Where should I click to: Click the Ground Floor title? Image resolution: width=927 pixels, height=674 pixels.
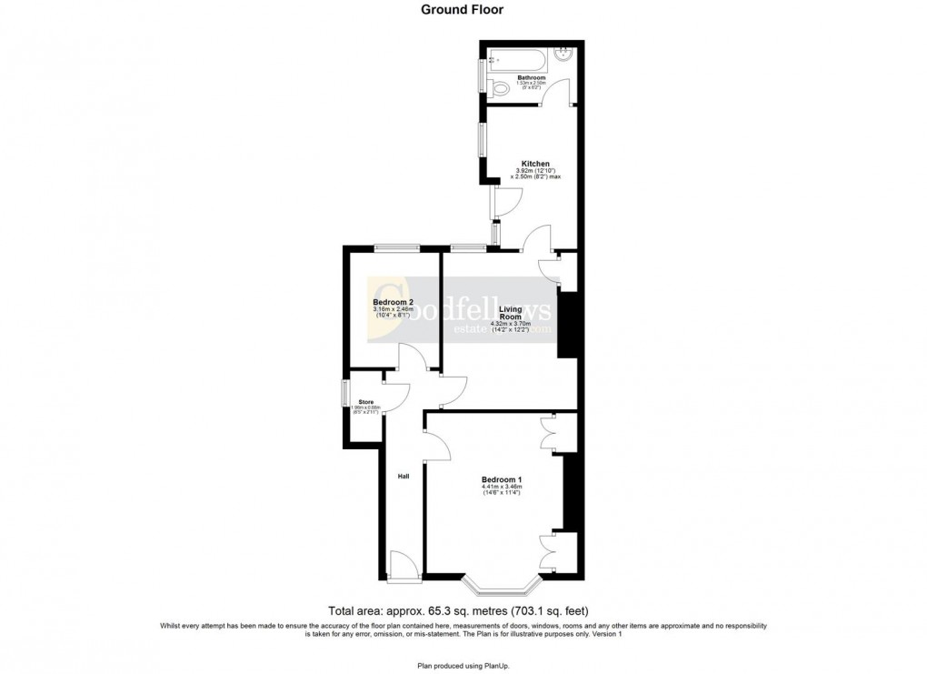463,10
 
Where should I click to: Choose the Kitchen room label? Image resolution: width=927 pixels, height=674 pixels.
535,164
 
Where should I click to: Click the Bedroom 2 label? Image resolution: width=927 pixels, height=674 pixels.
394,302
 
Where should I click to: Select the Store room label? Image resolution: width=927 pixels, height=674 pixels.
366,401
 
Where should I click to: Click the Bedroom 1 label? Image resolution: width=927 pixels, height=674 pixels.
502,479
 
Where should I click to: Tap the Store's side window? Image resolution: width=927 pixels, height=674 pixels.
344,394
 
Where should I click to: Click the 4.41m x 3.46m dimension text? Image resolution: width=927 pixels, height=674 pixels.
502,488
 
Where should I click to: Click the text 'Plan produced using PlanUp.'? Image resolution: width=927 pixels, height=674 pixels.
463,665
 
